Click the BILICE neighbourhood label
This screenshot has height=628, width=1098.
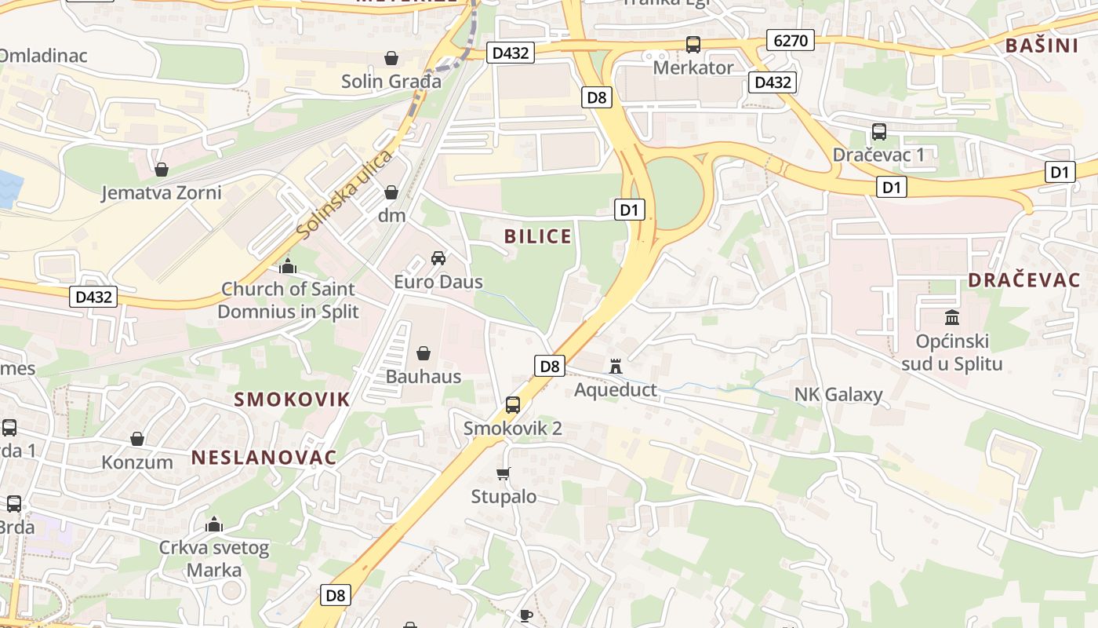point(538,236)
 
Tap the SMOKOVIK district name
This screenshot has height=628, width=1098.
point(292,399)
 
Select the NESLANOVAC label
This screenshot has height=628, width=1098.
point(264,457)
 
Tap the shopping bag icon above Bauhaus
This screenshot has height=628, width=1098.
point(424,353)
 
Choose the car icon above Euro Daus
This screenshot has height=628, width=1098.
point(438,258)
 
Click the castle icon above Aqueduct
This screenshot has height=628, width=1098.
point(616,366)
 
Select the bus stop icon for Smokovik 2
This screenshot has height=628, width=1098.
point(513,405)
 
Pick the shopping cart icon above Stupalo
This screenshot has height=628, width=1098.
point(504,473)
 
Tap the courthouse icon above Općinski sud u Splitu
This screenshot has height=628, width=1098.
point(952,317)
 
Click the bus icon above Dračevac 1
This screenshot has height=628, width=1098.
point(878,132)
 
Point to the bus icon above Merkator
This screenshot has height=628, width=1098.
point(693,45)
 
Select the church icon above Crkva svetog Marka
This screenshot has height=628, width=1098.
point(214,524)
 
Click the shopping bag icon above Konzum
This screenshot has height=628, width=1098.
point(137,439)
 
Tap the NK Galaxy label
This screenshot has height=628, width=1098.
point(838,394)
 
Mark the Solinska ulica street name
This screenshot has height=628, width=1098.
point(345,195)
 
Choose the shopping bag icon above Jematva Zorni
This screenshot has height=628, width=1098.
point(162,170)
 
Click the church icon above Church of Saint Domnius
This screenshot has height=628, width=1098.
point(288,266)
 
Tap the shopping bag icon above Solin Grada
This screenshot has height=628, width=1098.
point(391,58)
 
